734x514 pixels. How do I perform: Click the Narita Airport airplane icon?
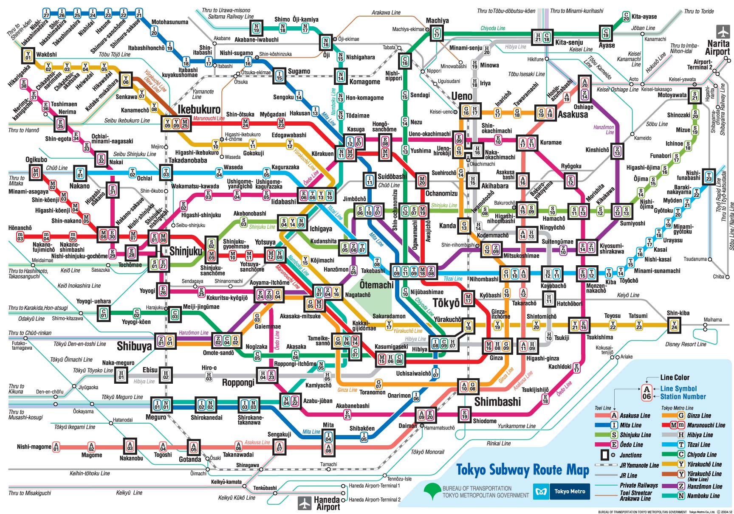[x=723, y=32]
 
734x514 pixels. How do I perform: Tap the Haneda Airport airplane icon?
[x=305, y=503]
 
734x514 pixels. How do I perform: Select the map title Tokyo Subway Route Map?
[x=522, y=470]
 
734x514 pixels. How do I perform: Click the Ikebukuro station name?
[x=199, y=110]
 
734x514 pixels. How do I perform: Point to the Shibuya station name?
[x=134, y=346]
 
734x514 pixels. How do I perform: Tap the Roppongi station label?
[x=238, y=382]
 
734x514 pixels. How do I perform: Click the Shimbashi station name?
[x=497, y=402]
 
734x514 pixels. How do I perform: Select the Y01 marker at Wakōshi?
[x=28, y=55]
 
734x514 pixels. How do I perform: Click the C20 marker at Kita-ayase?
[x=626, y=17]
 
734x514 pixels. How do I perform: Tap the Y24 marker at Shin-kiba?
[x=674, y=326]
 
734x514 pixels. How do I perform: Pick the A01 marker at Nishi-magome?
[x=56, y=447]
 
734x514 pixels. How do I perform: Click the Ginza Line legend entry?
[x=698, y=416]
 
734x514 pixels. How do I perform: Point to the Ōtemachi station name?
[x=376, y=285]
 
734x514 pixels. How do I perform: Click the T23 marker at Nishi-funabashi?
[x=709, y=176]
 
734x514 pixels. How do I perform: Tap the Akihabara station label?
[x=494, y=186]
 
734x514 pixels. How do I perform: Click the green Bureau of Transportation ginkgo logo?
[x=432, y=492]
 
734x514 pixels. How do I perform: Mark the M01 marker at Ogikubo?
[x=36, y=172]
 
